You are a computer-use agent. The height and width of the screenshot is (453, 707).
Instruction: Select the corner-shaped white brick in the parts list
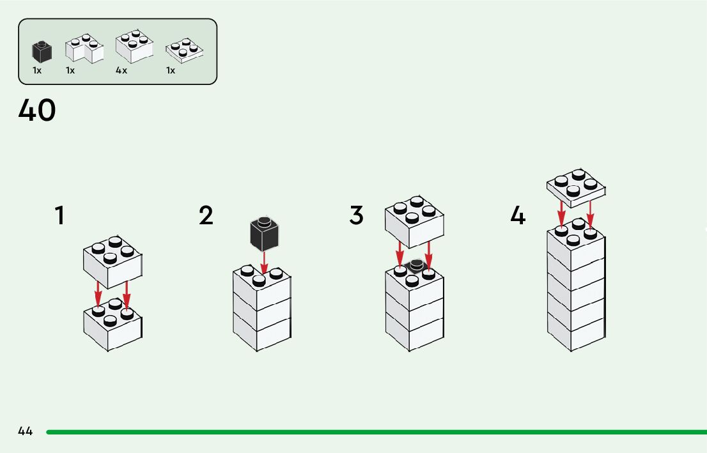(x=84, y=50)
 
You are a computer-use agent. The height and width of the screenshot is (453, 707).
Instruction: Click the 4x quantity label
(x=121, y=70)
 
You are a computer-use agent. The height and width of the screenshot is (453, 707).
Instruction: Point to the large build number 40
(x=37, y=111)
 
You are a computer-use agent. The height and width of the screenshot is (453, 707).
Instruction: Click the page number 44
(x=26, y=431)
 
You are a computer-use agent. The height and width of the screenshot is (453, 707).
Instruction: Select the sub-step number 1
(x=60, y=216)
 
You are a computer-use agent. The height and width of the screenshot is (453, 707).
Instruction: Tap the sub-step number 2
(x=206, y=216)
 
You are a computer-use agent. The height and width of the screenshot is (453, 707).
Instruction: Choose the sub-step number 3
(x=356, y=216)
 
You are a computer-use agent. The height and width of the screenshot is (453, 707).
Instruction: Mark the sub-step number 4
(x=518, y=216)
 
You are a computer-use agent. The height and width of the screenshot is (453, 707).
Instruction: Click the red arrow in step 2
(x=265, y=262)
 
